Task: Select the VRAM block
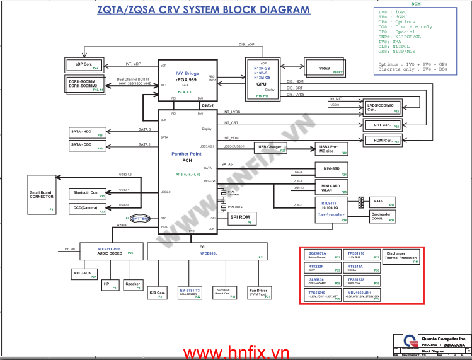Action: pyautogui.click(x=325, y=68)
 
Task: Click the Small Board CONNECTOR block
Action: pyautogui.click(x=42, y=195)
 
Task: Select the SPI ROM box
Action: pyautogui.click(x=241, y=218)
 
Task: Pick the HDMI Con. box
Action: pyautogui.click(x=383, y=141)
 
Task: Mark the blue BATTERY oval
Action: pyautogui.click(x=140, y=218)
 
